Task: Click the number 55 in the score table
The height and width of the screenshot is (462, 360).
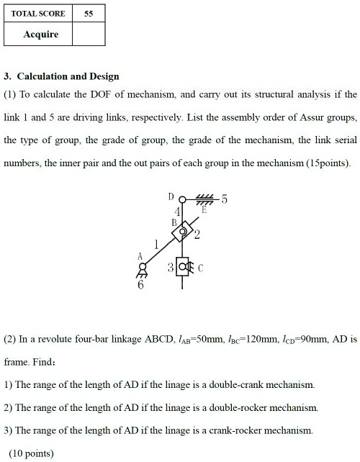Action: [x=89, y=13]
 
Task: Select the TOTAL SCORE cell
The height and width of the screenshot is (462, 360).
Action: [x=39, y=13]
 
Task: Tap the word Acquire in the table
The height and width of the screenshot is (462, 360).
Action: [x=40, y=34]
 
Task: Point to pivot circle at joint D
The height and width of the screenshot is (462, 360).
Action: [x=182, y=199]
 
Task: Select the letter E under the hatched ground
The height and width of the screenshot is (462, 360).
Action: [x=204, y=211]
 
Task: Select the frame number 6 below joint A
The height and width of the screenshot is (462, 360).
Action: [x=140, y=285]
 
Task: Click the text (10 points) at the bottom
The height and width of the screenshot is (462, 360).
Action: [x=30, y=453]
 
